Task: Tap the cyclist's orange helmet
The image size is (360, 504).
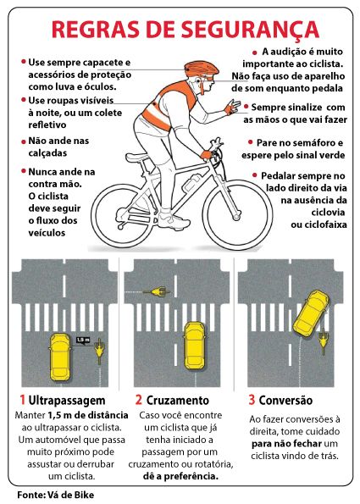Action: coord(202,69)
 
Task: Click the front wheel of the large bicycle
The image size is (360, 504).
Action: coord(237,214)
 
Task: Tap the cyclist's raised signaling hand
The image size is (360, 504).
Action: coord(233,108)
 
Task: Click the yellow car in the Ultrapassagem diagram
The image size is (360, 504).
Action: coord(60,356)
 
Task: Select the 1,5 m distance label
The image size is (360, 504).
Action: coord(83,340)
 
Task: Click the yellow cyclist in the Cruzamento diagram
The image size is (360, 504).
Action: coord(158,292)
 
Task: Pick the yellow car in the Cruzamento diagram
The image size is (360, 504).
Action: coord(195,346)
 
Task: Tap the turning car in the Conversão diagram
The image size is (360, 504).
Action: coord(311,313)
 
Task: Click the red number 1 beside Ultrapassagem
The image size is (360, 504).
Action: coord(23,400)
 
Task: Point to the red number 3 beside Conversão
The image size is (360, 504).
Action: coord(252,400)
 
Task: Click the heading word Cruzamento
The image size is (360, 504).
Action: coord(178,401)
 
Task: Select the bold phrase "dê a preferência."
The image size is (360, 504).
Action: coord(180,476)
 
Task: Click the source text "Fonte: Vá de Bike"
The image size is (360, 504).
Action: coord(56,495)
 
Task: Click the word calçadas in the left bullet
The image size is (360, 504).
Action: coord(47,153)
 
